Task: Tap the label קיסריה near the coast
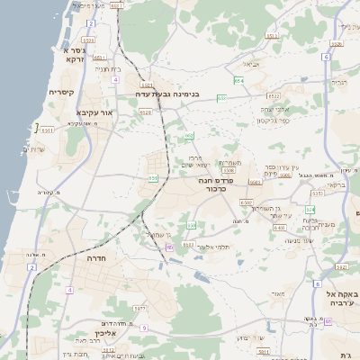tap(60, 93)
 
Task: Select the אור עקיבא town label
tap(94, 113)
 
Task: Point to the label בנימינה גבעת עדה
tap(173, 93)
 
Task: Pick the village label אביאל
tap(252, 65)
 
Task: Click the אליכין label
tap(108, 336)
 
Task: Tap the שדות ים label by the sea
tap(32, 148)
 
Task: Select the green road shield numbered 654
tap(238, 81)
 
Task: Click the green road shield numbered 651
tap(153, 178)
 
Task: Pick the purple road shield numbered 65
tap(169, 247)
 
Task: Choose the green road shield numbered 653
tap(189, 136)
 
